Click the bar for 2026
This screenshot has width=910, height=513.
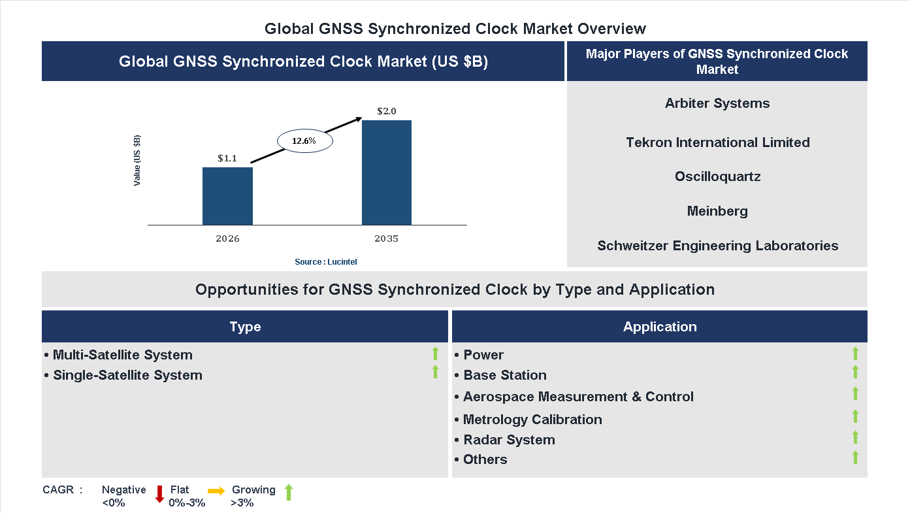tap(227, 196)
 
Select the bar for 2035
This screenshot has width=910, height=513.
tap(387, 173)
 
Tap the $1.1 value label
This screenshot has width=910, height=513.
tap(227, 158)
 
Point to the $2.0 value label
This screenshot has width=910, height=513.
tap(387, 111)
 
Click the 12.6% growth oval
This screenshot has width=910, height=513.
tap(305, 141)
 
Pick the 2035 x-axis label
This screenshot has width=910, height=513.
tap(387, 239)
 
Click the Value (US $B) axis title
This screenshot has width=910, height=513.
tap(137, 161)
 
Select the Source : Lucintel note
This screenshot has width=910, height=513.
tap(325, 261)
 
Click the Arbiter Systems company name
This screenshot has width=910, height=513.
tap(717, 103)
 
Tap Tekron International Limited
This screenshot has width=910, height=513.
tap(717, 142)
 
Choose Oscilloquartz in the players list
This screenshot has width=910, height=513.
tap(717, 176)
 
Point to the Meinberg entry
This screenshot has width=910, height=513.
tap(717, 211)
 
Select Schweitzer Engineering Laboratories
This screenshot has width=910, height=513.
tap(717, 246)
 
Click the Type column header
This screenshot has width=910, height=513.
tap(245, 327)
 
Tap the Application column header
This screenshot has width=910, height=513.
tap(660, 327)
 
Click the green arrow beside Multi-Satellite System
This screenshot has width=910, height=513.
tap(435, 354)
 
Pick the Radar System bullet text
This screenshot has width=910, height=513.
tap(509, 440)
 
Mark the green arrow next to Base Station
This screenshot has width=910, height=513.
tap(855, 372)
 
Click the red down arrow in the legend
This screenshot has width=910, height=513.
tap(159, 494)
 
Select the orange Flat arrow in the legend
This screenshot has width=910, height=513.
tap(216, 490)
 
